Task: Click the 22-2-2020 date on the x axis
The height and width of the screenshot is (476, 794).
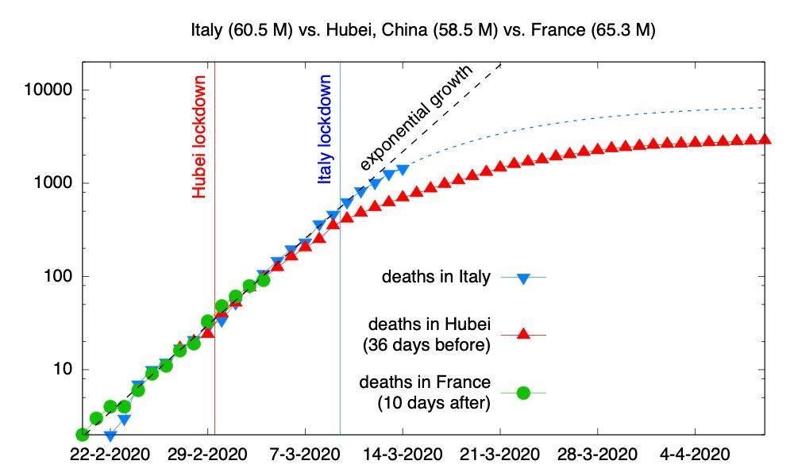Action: click(110, 455)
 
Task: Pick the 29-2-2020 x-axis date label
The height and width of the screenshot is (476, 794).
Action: click(208, 455)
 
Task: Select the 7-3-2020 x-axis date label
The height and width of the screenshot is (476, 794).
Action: click(306, 455)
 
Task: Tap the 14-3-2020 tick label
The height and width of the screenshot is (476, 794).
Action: click(403, 455)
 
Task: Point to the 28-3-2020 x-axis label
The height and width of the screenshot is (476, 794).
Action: click(598, 455)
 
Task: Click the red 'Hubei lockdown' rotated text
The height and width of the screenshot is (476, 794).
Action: click(199, 136)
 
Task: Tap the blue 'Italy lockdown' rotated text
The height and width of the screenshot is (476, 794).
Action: click(325, 129)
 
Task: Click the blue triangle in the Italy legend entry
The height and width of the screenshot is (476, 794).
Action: click(522, 278)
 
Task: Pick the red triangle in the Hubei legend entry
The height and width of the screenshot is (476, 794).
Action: click(522, 334)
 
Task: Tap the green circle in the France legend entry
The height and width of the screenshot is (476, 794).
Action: click(522, 392)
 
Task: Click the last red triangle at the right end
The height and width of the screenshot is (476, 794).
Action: click(765, 139)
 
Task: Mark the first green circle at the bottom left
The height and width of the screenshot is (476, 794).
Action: click(82, 434)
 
